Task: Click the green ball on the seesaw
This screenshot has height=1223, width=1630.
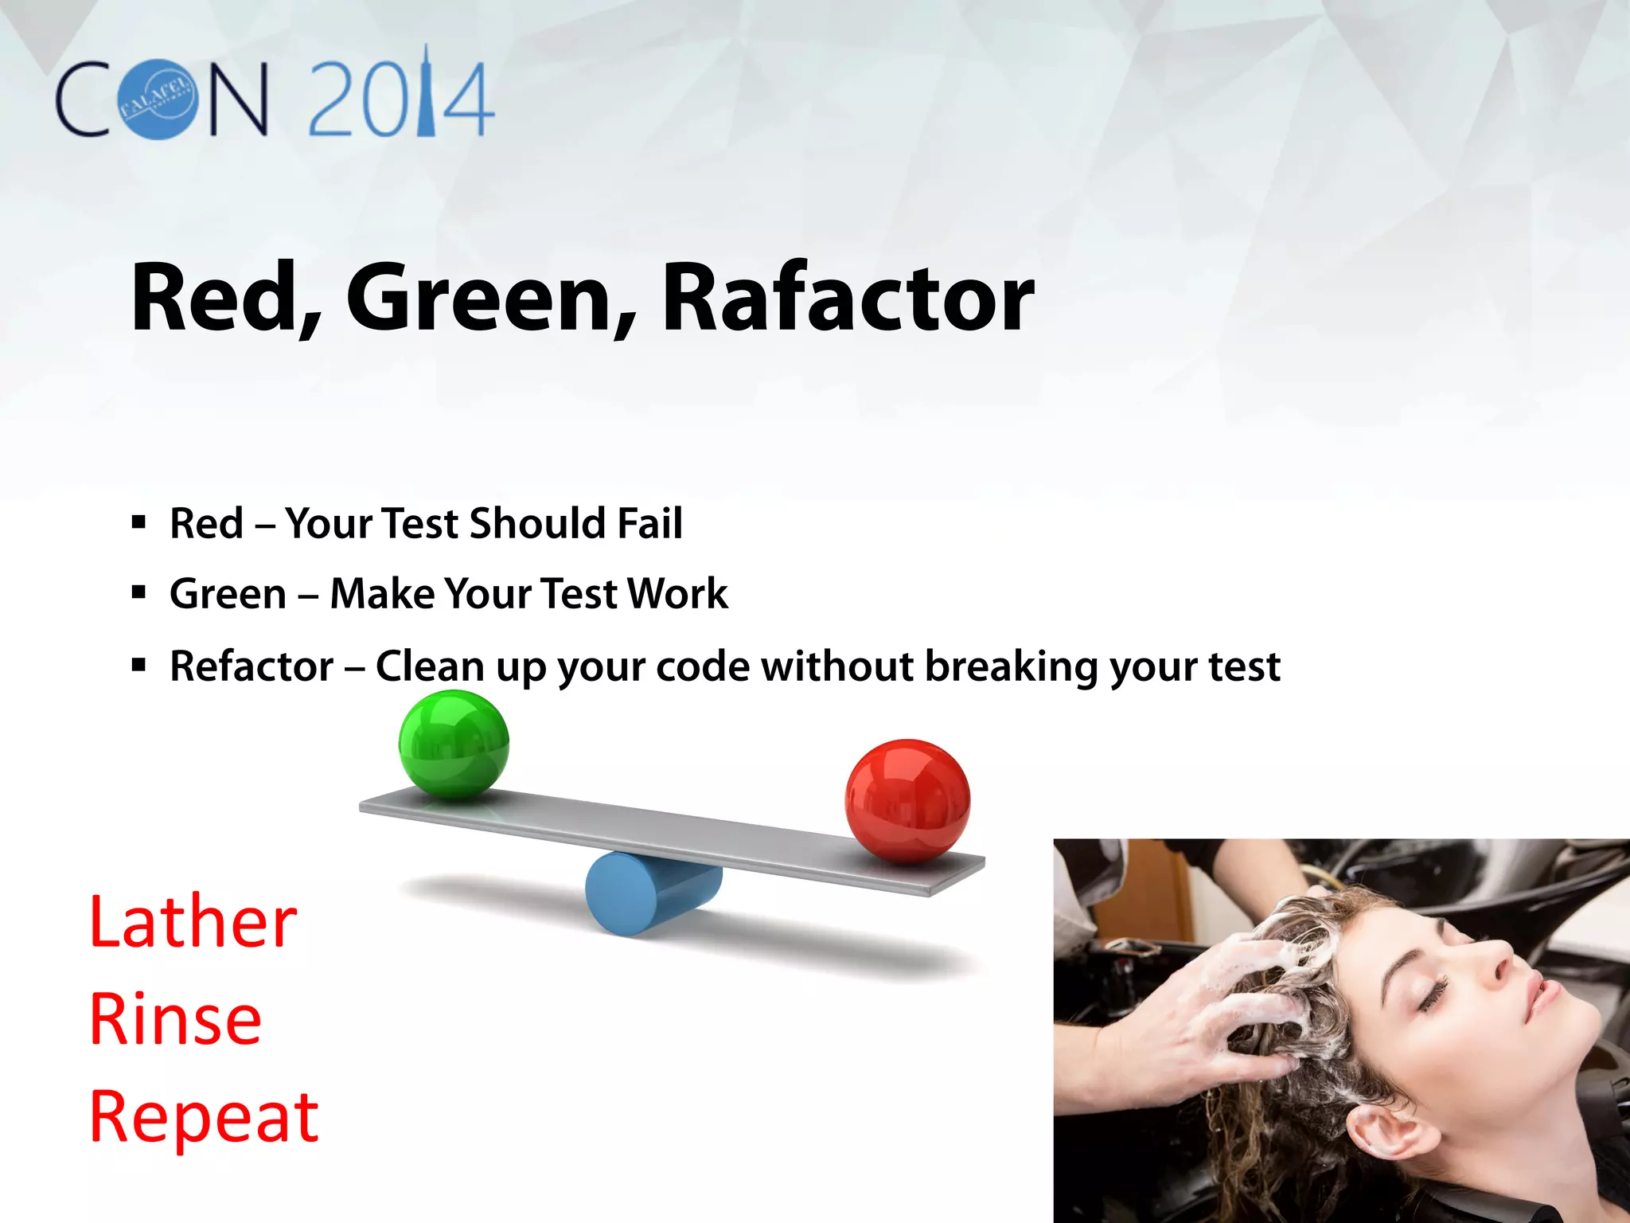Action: click(454, 745)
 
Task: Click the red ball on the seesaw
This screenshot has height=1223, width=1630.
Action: click(907, 801)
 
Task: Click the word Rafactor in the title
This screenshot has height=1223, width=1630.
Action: click(848, 299)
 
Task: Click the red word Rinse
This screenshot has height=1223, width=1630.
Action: click(176, 1020)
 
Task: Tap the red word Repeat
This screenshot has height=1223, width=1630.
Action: click(204, 1117)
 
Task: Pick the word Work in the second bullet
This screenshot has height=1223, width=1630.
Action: click(677, 594)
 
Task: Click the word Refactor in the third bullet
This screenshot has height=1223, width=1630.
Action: click(252, 666)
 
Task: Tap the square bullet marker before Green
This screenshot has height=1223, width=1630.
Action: click(139, 593)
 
